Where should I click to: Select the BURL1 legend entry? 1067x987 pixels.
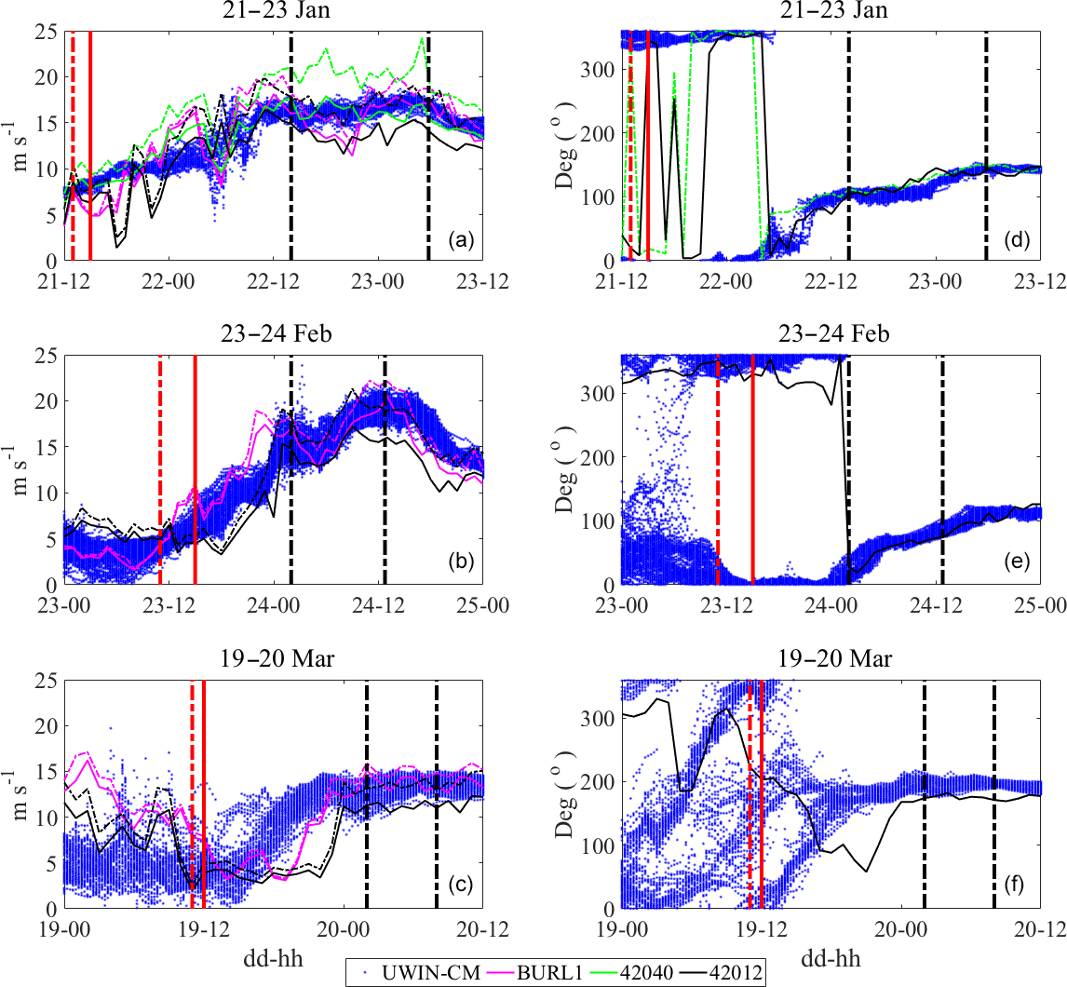pos(529,973)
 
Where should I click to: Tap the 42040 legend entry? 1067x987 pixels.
pos(634,973)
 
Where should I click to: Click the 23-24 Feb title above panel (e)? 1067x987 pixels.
pos(831,334)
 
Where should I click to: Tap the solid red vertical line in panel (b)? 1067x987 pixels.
pos(195,466)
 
